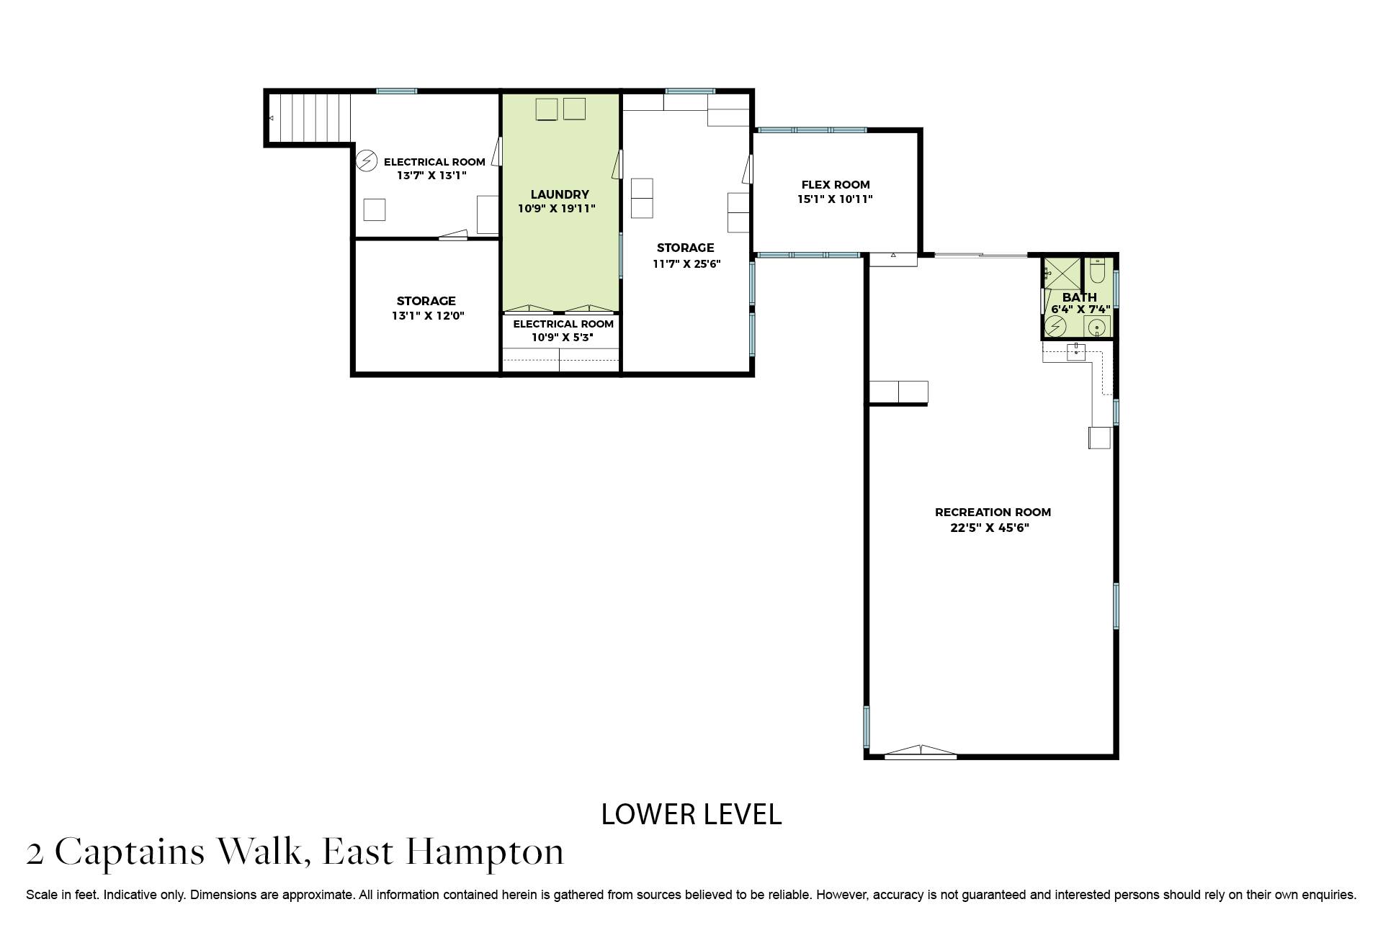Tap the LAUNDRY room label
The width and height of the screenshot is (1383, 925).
point(560,194)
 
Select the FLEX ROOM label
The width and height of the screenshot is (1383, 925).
point(836,184)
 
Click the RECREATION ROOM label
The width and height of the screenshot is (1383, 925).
point(993,513)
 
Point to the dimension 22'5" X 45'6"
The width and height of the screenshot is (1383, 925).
point(990,528)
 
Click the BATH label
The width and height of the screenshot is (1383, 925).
point(1079,297)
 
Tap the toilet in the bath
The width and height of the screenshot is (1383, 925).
point(1097,271)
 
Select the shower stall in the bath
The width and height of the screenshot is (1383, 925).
point(1062,273)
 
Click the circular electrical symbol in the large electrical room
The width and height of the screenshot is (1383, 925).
point(367,160)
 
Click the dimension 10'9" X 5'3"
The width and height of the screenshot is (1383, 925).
point(562,337)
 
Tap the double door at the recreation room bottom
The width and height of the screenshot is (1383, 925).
point(920,753)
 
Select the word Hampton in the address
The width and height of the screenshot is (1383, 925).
point(484,852)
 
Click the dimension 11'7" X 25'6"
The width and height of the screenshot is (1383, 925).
point(686,263)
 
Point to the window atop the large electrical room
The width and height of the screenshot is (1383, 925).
point(396,91)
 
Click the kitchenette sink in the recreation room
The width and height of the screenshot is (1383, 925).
point(1076,352)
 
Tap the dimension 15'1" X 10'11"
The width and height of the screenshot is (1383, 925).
point(835,199)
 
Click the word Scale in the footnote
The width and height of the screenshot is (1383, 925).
point(41,895)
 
